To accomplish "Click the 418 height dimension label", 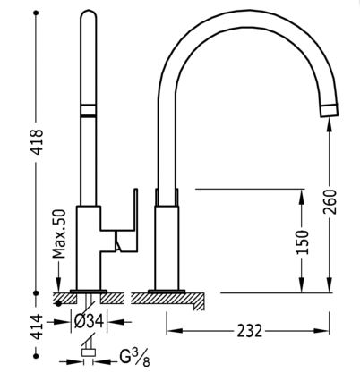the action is (38, 141).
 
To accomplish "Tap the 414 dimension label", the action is (38, 327).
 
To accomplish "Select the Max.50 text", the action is (59, 233).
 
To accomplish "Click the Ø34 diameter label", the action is (89, 322).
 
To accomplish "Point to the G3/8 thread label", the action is (134, 357).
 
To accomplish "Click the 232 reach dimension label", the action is (250, 331).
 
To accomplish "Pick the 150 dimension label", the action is (302, 242).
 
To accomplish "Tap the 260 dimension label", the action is (330, 201).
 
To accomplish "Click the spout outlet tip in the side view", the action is (329, 110).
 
